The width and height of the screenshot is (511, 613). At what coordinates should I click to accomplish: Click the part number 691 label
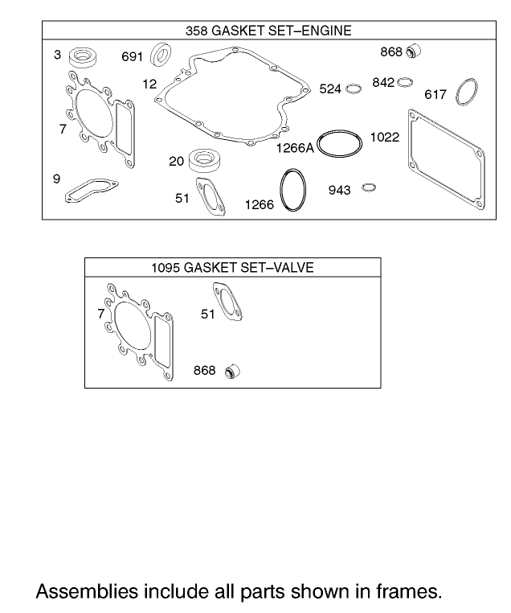pyautogui.click(x=132, y=57)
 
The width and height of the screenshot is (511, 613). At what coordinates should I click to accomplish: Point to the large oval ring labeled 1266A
pyautogui.click(x=341, y=143)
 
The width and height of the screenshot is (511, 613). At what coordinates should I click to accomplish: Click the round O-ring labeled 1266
pyautogui.click(x=293, y=190)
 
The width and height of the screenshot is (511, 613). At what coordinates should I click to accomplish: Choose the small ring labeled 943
pyautogui.click(x=369, y=188)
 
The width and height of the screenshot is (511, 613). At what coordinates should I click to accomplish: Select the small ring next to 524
pyautogui.click(x=354, y=88)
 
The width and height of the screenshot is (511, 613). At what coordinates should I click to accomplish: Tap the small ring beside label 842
pyautogui.click(x=405, y=81)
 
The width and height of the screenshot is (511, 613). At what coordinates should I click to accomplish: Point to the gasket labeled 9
pyautogui.click(x=91, y=190)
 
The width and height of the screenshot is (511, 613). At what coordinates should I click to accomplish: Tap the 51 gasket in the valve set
pyautogui.click(x=229, y=305)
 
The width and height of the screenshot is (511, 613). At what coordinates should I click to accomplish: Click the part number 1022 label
pyautogui.click(x=384, y=138)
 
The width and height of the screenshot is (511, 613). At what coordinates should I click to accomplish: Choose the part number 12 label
pyautogui.click(x=150, y=84)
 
